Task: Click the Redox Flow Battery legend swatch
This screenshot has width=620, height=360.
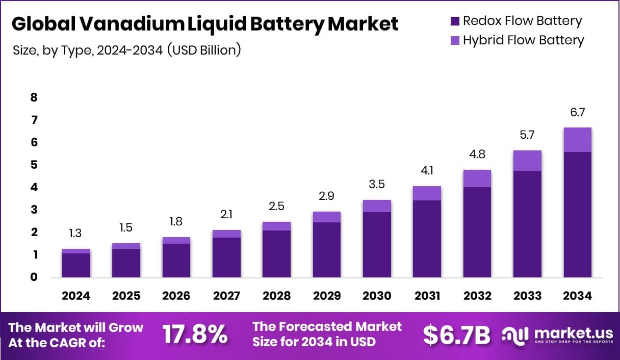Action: pos(455,21)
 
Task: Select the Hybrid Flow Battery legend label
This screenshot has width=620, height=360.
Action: pos(523,40)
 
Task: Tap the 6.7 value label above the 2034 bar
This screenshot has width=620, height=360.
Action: pos(577,113)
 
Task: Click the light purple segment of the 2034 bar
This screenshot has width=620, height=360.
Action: pos(577,140)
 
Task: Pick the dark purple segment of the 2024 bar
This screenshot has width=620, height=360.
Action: pos(76,265)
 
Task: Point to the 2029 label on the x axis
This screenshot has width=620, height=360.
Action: pos(327,296)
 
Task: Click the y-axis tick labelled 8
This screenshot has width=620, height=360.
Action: pos(34,97)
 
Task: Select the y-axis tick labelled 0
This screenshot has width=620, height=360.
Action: pos(34,277)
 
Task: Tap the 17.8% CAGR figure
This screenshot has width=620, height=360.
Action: pos(195,335)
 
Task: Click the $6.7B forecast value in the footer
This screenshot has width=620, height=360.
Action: pos(456,335)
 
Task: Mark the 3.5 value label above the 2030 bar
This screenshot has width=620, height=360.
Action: pos(377,185)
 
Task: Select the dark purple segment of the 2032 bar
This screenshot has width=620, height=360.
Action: pos(477,232)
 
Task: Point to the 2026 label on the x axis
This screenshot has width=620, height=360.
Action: pos(176,296)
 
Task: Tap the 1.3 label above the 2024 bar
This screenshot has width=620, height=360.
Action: pos(76,234)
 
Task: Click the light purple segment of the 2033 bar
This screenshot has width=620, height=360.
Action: pos(527,161)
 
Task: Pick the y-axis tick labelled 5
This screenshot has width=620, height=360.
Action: pos(34,165)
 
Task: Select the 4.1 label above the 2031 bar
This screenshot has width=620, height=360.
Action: pos(427,171)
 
